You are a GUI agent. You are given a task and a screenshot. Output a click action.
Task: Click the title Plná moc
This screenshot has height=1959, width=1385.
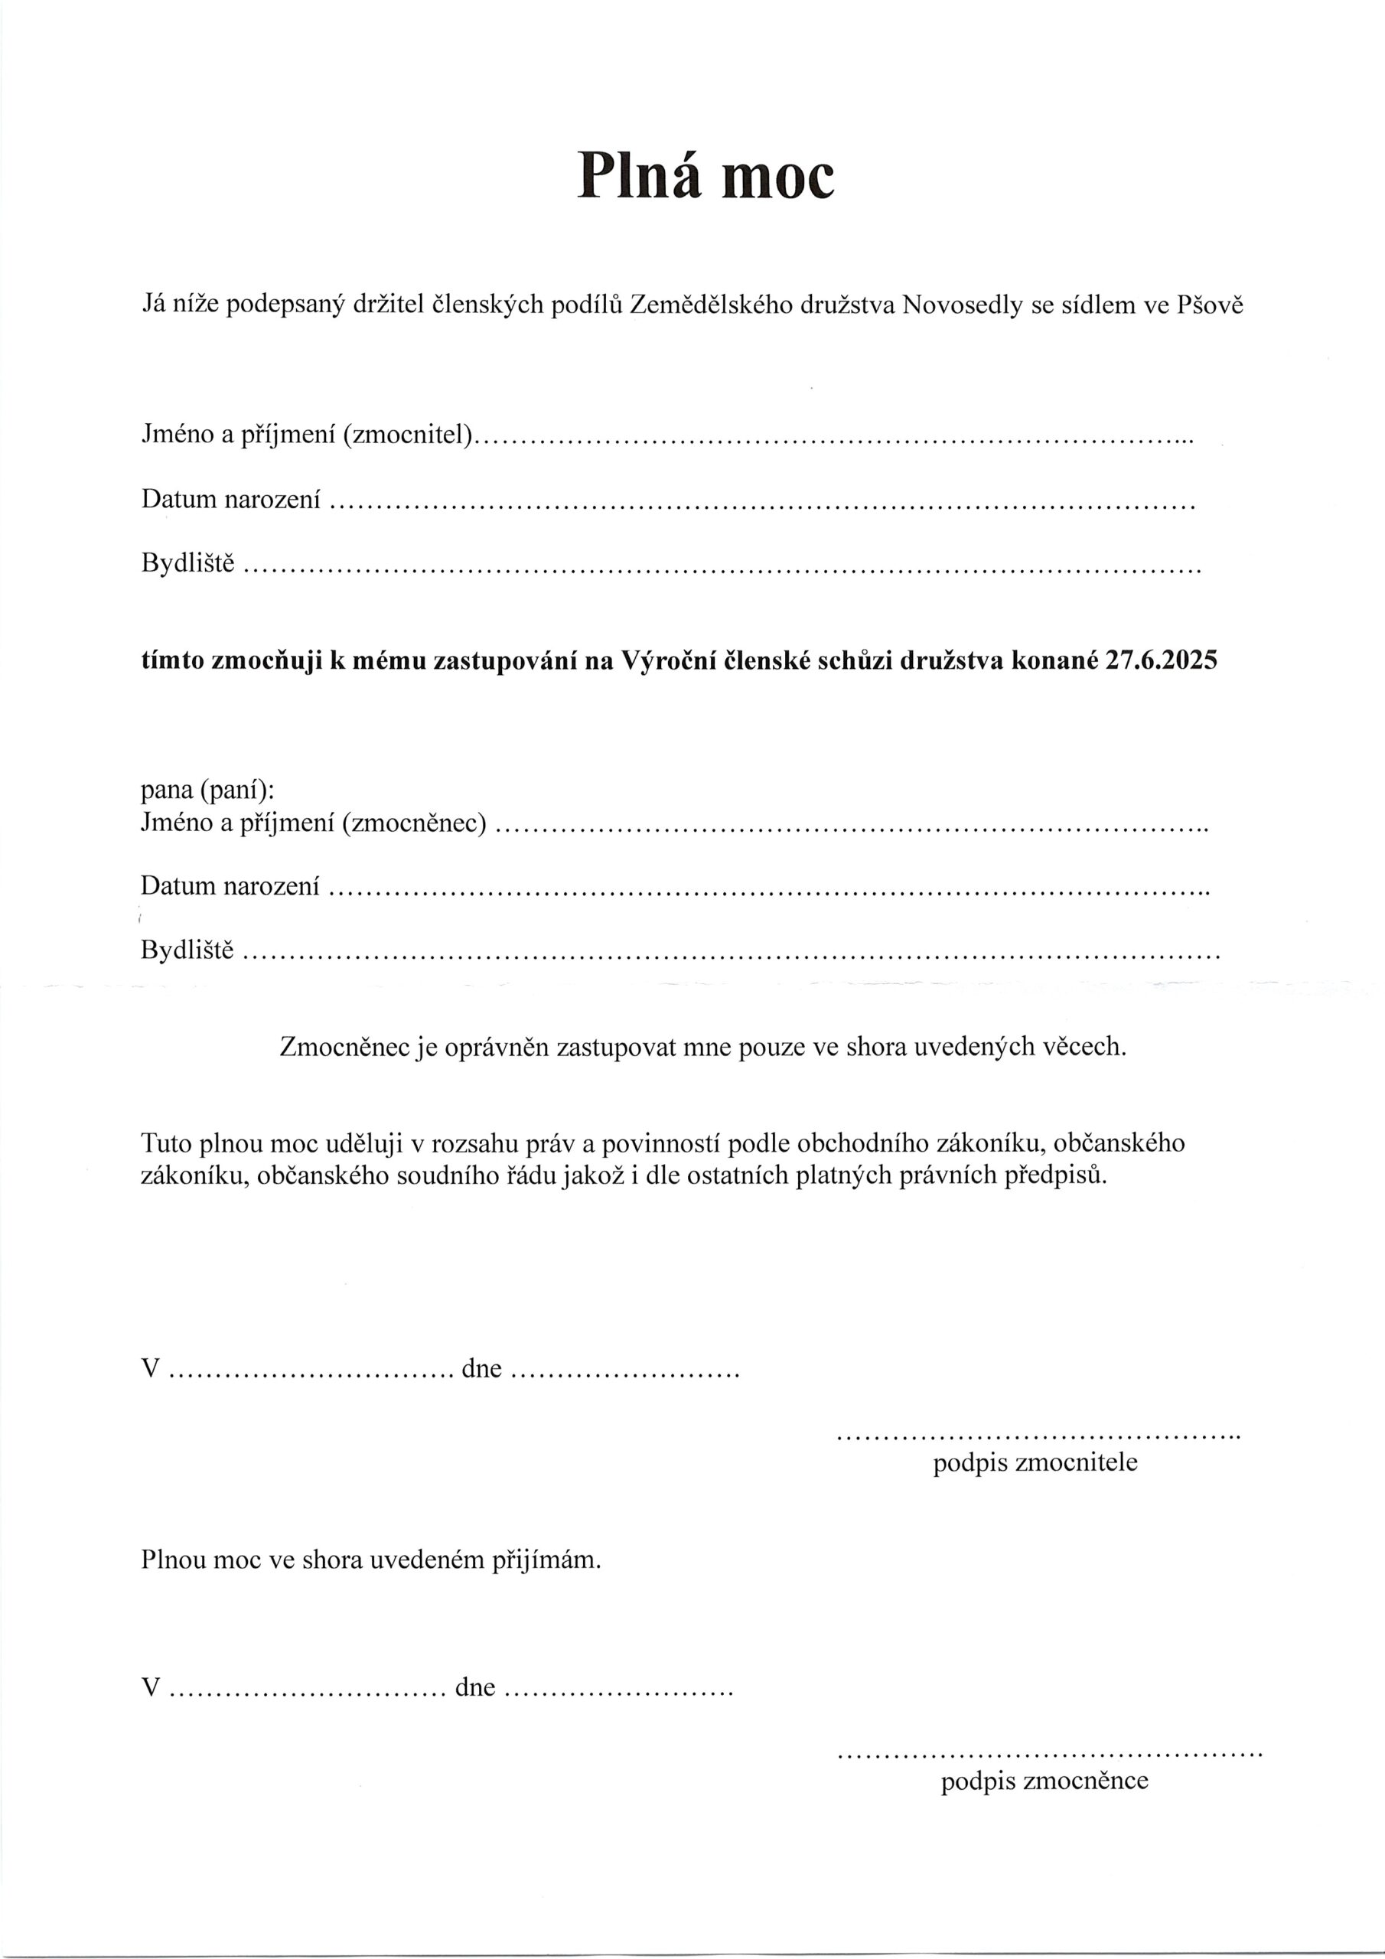pyautogui.click(x=705, y=176)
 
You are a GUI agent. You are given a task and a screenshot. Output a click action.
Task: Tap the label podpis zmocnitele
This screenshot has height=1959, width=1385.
pyautogui.click(x=1035, y=1462)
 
